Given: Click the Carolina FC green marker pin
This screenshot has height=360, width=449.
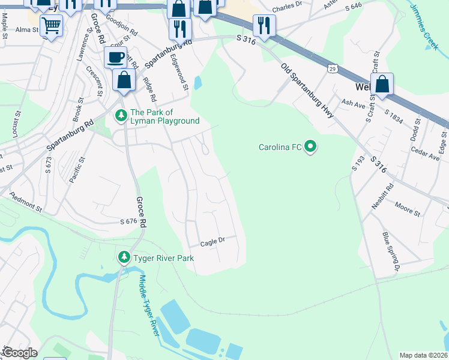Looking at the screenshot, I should click(x=310, y=146).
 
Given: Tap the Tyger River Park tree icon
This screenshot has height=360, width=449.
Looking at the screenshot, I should click(x=124, y=257).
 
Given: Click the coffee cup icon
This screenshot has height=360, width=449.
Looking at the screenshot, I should click(x=115, y=58).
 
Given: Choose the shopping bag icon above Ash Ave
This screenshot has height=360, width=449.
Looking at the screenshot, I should click(x=382, y=85).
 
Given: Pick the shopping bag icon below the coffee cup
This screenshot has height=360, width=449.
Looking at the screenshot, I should click(x=124, y=80).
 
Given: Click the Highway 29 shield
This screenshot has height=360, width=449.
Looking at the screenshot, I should click(x=332, y=69).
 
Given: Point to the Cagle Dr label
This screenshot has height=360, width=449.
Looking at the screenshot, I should click(x=212, y=241).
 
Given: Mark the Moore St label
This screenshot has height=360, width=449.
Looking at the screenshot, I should click(x=408, y=211).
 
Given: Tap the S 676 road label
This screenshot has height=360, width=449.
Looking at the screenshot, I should click(x=128, y=221).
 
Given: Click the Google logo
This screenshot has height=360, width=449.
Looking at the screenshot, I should click(x=19, y=353).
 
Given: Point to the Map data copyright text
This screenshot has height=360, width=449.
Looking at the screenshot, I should click(x=423, y=355).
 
